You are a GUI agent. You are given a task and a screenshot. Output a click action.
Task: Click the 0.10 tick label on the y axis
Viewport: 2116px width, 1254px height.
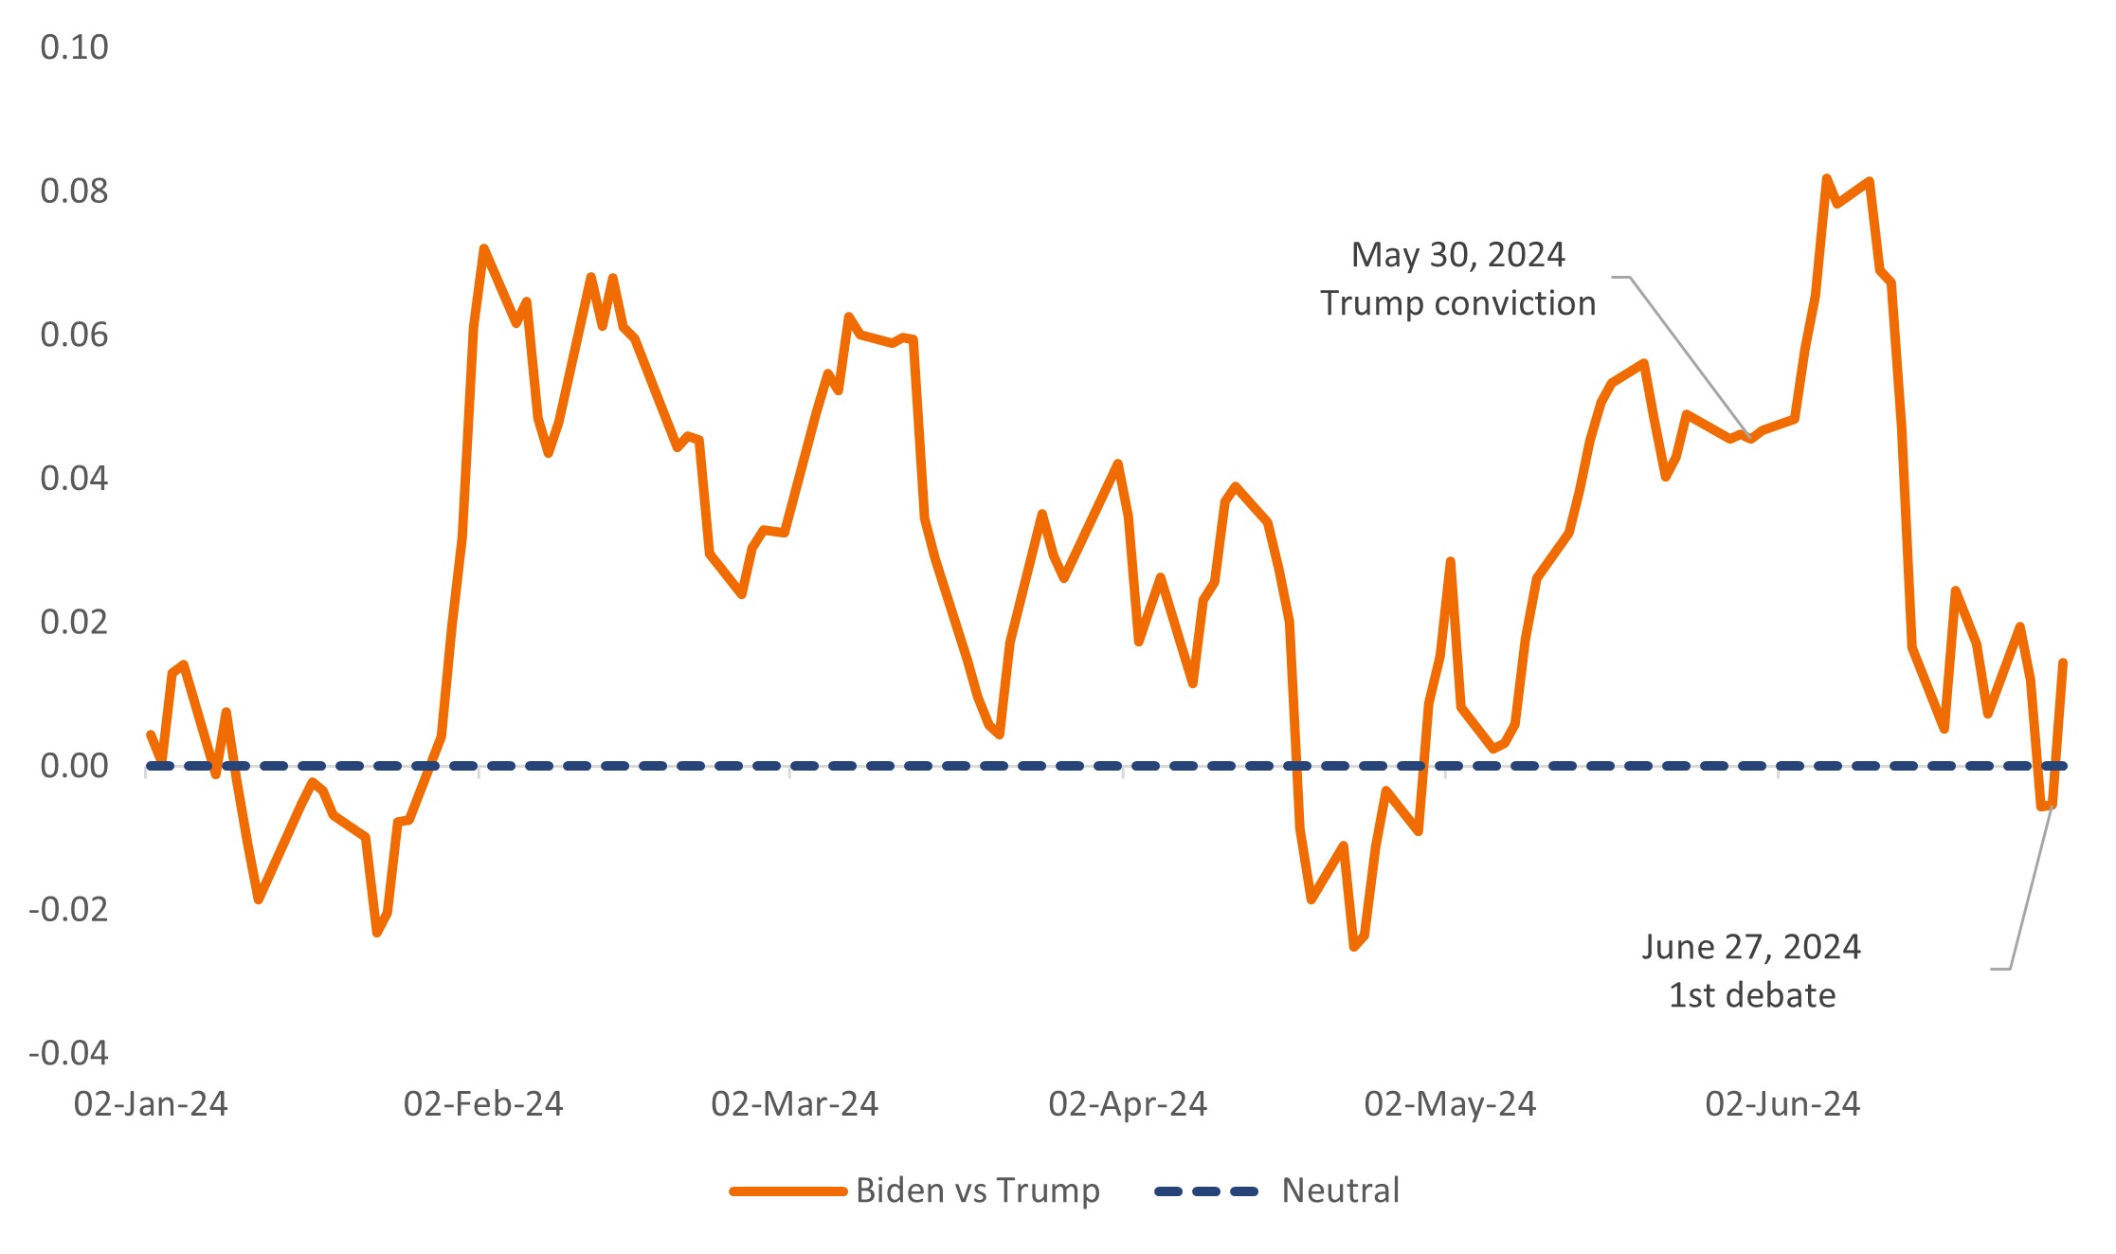click(74, 47)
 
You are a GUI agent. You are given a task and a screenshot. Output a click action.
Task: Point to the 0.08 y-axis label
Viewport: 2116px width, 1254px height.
click(74, 191)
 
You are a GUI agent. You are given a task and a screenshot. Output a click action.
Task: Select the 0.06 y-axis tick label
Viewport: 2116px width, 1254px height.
click(74, 335)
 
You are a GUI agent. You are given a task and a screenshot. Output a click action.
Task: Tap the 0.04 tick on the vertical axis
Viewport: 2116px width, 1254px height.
click(74, 479)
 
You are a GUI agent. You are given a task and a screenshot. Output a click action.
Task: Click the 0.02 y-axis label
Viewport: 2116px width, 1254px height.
click(74, 623)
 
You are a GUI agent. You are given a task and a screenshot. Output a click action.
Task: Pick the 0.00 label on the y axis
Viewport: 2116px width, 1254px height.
click(74, 766)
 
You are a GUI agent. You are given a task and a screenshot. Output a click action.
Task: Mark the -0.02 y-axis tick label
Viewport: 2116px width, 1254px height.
click(68, 910)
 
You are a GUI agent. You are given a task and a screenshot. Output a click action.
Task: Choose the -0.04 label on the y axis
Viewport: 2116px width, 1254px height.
click(68, 1053)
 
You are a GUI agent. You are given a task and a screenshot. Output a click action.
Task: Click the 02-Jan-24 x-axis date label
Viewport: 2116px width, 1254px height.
click(151, 1104)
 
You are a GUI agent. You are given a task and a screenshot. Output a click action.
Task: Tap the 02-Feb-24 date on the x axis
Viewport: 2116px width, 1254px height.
click(483, 1104)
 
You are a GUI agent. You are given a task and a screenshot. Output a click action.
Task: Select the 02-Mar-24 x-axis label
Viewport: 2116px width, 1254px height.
click(795, 1104)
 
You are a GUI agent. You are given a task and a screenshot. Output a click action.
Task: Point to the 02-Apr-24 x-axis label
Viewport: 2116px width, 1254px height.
click(1128, 1104)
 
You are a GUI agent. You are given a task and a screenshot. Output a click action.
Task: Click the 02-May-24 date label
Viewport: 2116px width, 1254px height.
click(1450, 1104)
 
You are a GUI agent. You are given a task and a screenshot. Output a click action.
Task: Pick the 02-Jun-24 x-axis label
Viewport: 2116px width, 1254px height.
click(1782, 1104)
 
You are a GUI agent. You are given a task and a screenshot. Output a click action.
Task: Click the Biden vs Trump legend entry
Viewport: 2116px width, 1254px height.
click(977, 1190)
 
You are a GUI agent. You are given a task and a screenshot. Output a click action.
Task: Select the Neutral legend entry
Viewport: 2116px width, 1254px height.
click(1340, 1190)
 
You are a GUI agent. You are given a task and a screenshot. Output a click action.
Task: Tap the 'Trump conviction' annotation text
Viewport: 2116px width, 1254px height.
click(1457, 303)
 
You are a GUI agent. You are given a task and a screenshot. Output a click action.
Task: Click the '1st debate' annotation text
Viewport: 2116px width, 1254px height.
click(1751, 995)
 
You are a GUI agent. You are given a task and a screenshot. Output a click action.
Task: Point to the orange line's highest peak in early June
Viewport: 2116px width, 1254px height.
click(1826, 178)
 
